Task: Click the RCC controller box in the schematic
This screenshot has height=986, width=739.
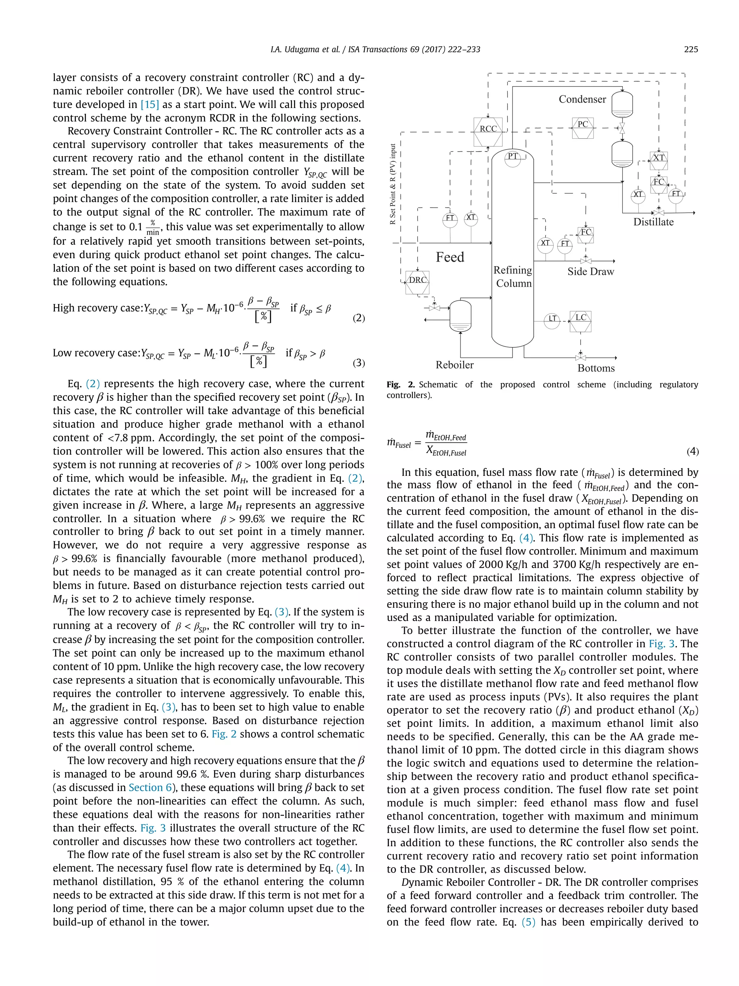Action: pos(488,131)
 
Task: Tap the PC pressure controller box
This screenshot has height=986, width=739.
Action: pos(583,127)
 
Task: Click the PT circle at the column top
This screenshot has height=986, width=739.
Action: pos(513,158)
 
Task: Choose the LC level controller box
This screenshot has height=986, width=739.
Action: pos(581,321)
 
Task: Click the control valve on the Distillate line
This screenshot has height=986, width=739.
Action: pos(658,213)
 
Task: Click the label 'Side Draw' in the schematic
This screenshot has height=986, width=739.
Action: pos(590,272)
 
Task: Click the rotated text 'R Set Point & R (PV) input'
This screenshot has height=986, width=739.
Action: pos(393,184)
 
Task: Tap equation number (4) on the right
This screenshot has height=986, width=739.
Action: pos(692,452)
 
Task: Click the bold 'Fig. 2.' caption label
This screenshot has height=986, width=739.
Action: pos(400,385)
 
